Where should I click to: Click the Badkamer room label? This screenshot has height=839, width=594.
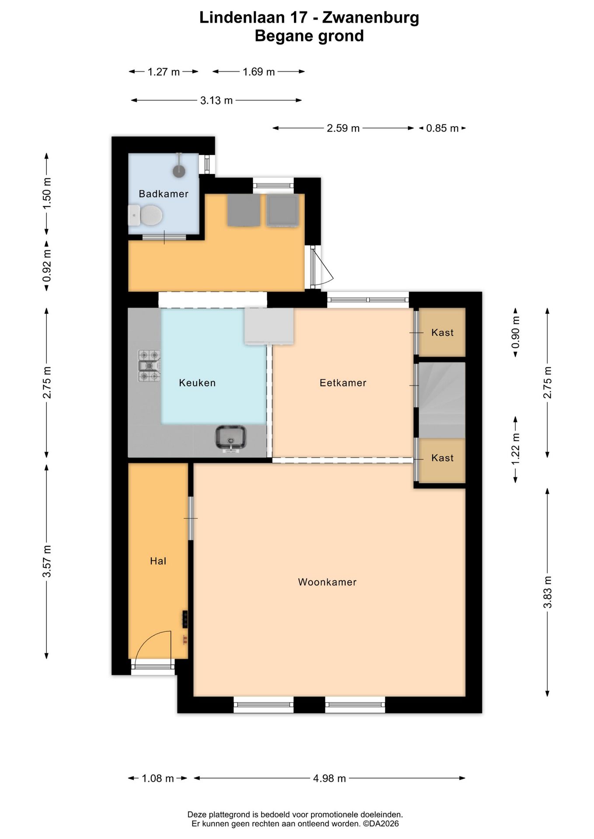point(163,194)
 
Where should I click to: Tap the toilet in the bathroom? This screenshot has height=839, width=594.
point(146,215)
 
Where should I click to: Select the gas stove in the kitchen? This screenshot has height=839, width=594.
point(149,366)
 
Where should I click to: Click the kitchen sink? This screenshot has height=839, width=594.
point(231,438)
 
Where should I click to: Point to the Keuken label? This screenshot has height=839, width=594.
point(197,383)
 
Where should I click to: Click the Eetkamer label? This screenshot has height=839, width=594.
point(343,383)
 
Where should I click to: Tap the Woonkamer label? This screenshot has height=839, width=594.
point(327,582)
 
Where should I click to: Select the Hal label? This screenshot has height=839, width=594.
point(158,561)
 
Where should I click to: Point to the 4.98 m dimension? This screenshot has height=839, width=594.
point(329,778)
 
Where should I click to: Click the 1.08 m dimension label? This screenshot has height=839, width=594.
point(158,778)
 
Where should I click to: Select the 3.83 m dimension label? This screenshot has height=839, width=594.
point(547,592)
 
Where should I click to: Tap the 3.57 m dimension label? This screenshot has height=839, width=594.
point(47,561)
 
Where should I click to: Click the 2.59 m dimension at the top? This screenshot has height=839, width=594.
point(343,128)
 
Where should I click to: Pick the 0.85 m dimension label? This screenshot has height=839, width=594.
point(442,128)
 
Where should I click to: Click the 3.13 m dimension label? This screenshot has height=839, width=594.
point(217,101)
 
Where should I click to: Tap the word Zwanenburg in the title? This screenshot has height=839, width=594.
point(370,17)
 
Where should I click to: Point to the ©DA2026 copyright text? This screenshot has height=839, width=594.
point(381,824)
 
